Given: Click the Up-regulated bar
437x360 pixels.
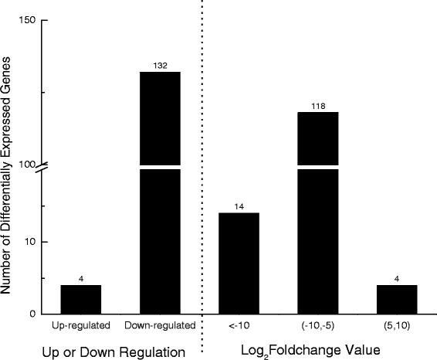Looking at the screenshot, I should click(81, 299).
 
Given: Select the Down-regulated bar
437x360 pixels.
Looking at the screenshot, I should click(160, 193).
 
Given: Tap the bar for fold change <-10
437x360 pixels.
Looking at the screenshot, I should click(239, 263).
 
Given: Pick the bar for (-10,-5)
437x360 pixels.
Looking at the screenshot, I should click(318, 212).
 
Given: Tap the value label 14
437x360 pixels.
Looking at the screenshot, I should click(239, 207).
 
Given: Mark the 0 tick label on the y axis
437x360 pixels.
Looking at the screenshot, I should click(32, 314).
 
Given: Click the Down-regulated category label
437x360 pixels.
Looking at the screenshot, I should click(160, 325).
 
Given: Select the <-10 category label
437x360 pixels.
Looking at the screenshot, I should click(239, 325).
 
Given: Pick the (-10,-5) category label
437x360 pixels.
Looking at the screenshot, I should click(318, 325).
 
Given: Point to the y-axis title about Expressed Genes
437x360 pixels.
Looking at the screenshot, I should click(8, 165).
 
